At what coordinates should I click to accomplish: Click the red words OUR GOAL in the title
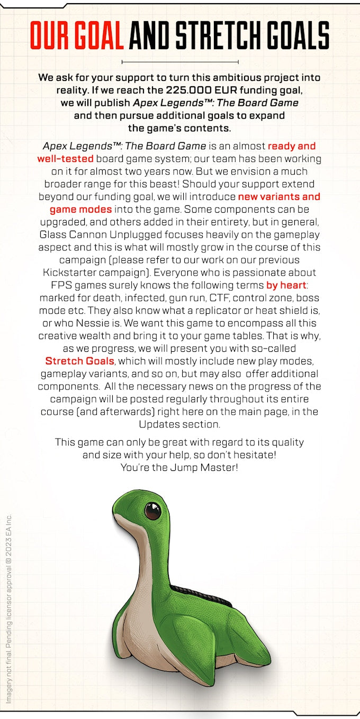(77, 36)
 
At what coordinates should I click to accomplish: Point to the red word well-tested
(65, 159)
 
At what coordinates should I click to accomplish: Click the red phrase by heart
(286, 285)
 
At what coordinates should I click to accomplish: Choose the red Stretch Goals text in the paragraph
(79, 361)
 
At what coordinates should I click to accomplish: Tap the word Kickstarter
(66, 272)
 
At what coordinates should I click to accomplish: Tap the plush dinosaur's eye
(153, 511)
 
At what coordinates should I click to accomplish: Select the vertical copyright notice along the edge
(9, 608)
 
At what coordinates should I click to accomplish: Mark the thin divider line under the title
(180, 61)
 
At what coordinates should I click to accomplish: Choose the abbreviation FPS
(53, 285)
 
